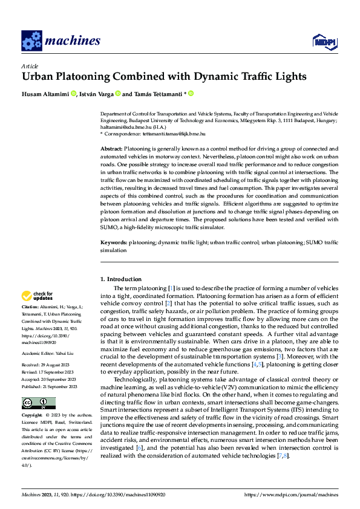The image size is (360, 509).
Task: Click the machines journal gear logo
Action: [31, 41]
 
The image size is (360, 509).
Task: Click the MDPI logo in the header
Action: [324, 41]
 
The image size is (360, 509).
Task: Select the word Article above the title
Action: [30, 66]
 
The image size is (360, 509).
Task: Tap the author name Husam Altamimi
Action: [45, 94]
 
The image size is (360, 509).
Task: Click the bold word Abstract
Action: [111, 148]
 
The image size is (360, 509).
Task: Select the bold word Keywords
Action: [114, 242]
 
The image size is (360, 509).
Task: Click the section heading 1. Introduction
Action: [121, 279]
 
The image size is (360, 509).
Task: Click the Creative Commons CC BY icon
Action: [38, 386]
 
